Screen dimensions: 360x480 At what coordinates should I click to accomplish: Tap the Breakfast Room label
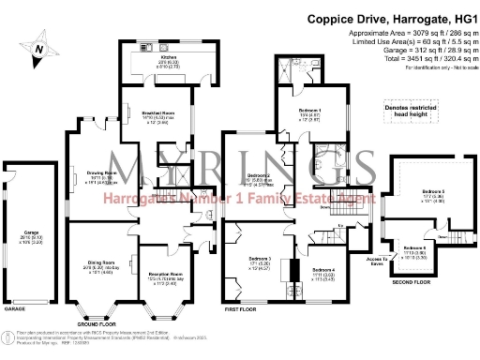pos(148,116)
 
